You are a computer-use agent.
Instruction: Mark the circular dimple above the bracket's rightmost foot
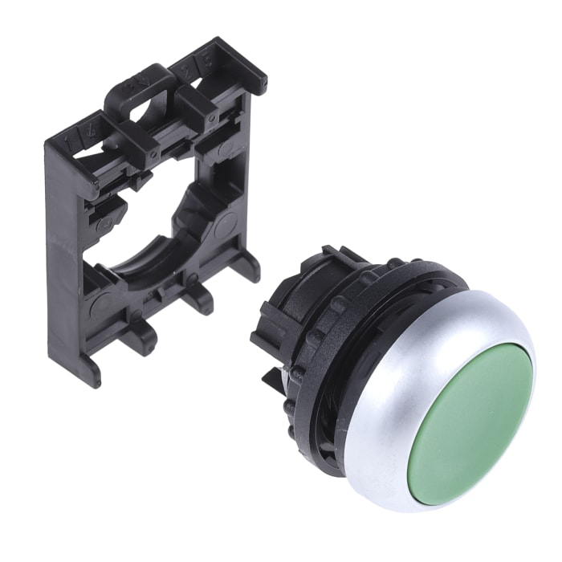(x=224, y=225)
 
